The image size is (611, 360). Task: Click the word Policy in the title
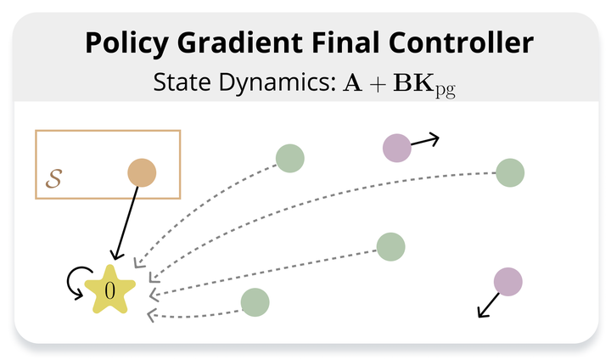126,43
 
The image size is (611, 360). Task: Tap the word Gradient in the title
239,42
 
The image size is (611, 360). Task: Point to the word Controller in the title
461,42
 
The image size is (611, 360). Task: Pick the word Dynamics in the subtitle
277,83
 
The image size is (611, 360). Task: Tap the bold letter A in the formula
352,82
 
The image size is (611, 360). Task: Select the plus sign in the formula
377,84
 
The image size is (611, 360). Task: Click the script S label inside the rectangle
53,178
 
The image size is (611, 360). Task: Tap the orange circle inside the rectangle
142,173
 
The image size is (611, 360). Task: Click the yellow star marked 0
110,290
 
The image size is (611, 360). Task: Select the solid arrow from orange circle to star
126,223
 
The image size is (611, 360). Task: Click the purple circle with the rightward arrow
397,148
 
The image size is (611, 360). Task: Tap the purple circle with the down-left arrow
508,282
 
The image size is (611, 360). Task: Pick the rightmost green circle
510,173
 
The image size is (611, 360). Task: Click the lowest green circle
255,302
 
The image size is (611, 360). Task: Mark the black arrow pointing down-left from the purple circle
489,305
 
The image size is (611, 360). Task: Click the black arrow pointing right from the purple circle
425,140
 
